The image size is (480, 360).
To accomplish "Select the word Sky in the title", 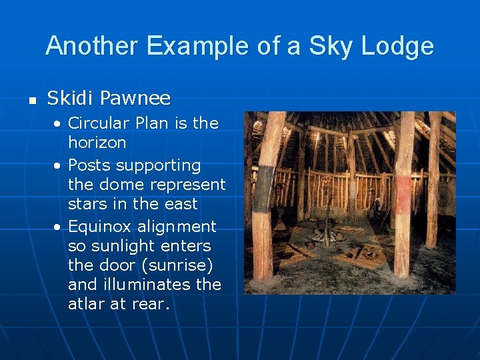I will click(310, 47).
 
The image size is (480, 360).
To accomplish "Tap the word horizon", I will click(97, 142).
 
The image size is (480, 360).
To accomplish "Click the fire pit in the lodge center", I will click(326, 235).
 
